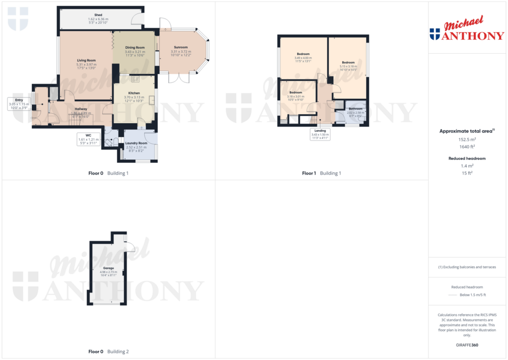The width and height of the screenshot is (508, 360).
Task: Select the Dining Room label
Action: click(134, 48)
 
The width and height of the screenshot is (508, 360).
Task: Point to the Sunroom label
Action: click(180, 47)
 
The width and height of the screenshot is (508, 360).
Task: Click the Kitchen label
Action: click(134, 93)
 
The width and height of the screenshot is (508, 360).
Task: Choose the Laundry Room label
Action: click(136, 143)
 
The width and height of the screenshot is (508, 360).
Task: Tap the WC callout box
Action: click(88, 139)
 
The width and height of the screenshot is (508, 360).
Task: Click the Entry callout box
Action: click(19, 104)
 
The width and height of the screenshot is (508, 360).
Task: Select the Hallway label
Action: click(81, 109)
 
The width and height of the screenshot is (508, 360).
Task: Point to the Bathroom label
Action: click(355, 108)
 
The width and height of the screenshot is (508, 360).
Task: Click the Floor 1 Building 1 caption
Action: click(321, 173)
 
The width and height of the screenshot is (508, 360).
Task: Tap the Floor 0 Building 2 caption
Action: click(108, 352)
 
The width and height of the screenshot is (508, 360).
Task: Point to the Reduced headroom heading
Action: click(467, 158)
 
